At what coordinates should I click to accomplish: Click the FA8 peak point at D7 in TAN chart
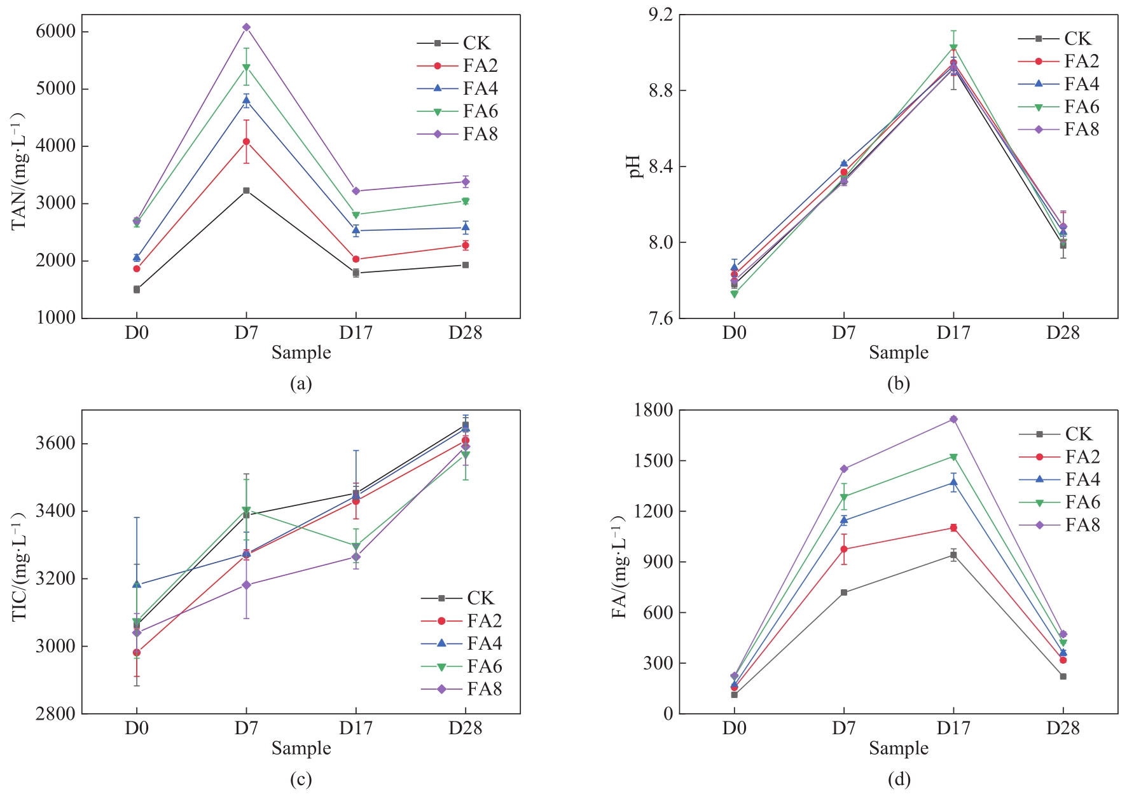click(246, 27)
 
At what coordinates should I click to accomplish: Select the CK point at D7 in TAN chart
click(246, 191)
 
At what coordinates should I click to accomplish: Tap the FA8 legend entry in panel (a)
click(458, 134)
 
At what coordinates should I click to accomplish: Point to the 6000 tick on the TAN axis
click(55, 31)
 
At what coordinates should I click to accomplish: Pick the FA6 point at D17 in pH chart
click(953, 48)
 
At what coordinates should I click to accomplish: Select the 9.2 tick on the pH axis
click(659, 15)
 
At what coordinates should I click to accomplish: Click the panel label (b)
click(898, 383)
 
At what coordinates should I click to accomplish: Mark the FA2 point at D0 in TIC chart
click(137, 653)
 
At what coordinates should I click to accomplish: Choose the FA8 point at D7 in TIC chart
click(246, 585)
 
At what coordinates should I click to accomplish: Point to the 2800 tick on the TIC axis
click(56, 714)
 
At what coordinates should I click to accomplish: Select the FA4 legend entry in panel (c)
click(462, 643)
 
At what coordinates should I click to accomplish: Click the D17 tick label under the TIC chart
click(356, 729)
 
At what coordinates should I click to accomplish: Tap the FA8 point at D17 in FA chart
click(953, 419)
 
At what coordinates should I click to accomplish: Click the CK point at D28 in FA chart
click(1063, 676)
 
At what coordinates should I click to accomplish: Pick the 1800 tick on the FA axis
click(653, 410)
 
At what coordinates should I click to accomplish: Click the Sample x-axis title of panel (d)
click(898, 748)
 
